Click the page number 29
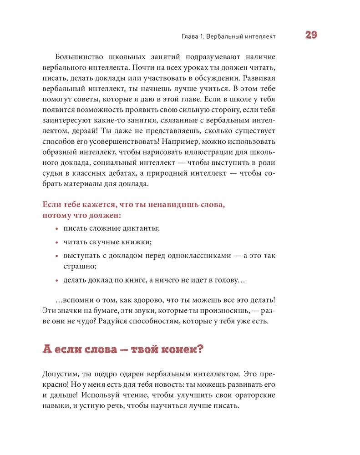point(311,35)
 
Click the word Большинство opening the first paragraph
point(79,57)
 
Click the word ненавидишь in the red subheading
point(155,205)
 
